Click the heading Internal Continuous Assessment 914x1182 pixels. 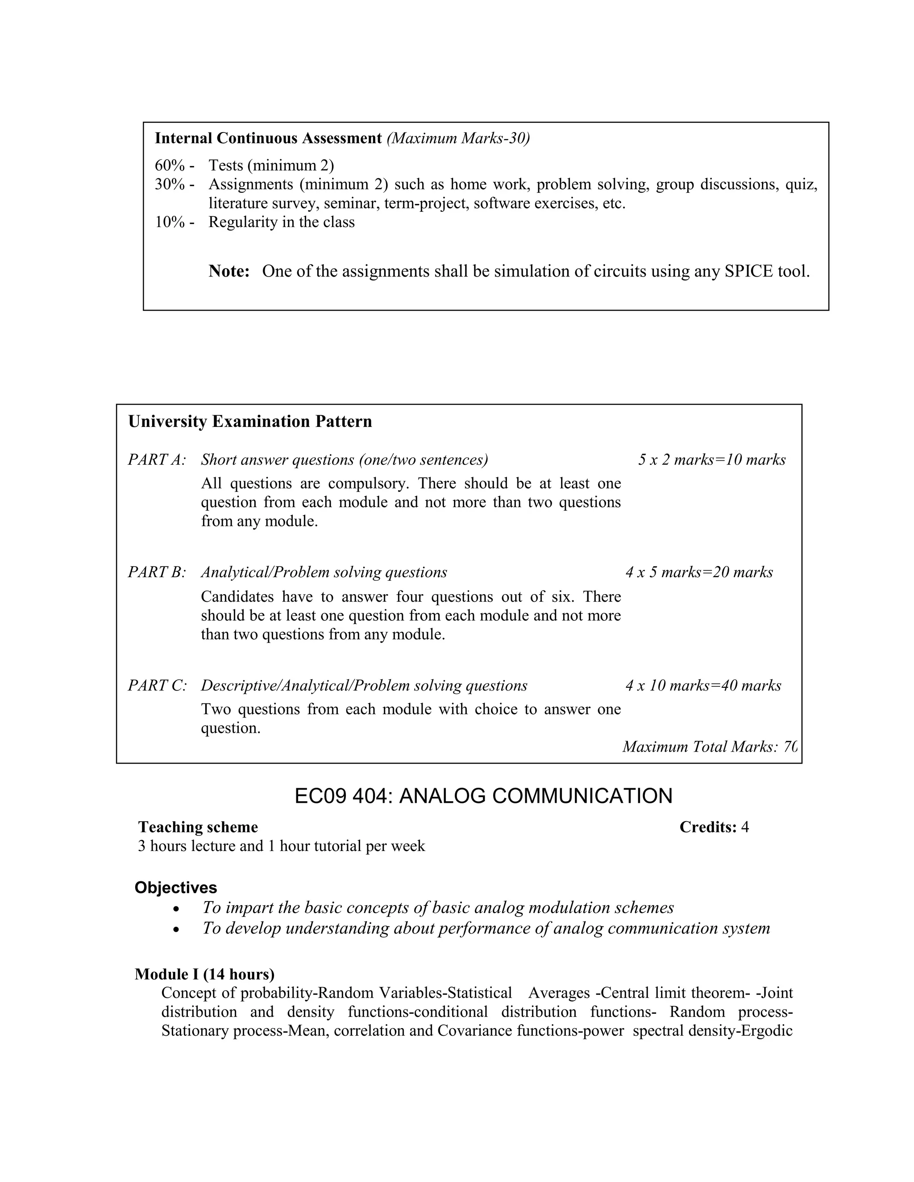point(268,139)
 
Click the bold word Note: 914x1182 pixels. point(229,272)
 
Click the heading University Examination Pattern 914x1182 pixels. point(250,422)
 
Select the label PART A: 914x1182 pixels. point(157,460)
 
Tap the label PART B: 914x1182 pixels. point(157,573)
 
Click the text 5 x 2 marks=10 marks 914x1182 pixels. point(711,460)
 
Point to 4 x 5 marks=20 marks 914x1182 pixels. point(699,573)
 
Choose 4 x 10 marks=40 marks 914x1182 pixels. point(703,686)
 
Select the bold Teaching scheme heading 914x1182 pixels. point(198,827)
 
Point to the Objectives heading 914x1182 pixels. point(175,888)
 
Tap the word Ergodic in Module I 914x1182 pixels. point(766,1030)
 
